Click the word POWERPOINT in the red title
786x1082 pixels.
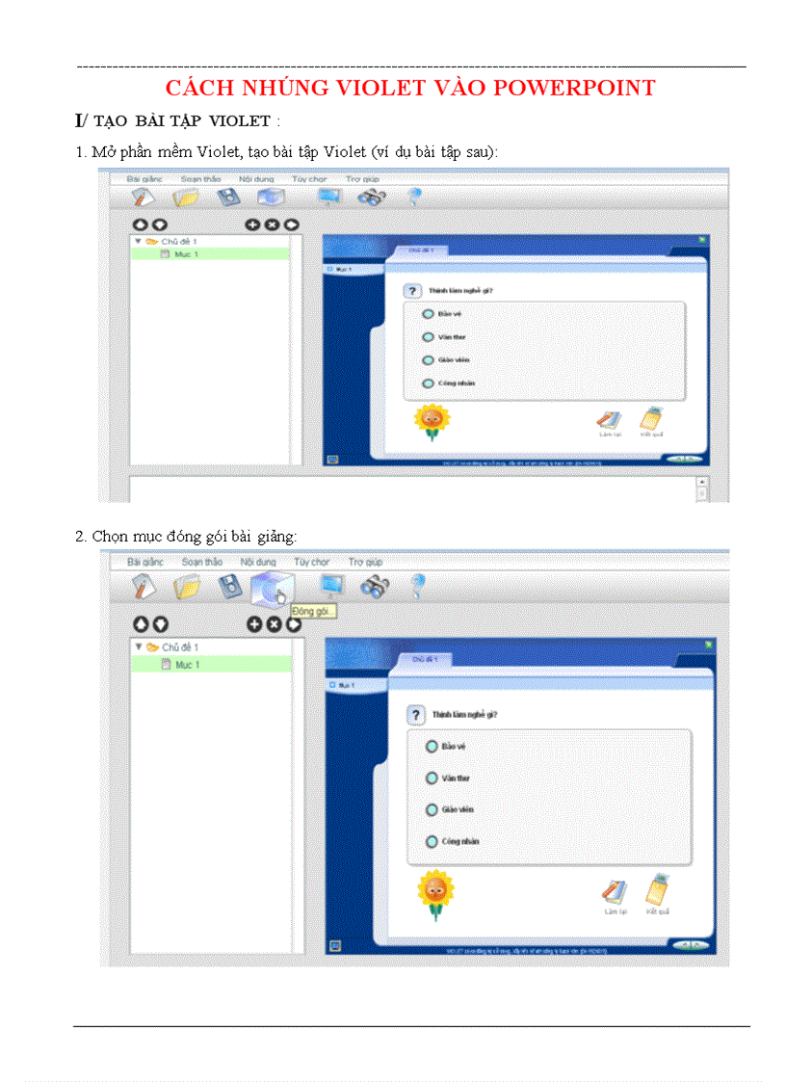[x=575, y=88]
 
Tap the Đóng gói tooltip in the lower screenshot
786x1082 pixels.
[x=313, y=612]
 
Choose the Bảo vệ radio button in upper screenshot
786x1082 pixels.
[x=429, y=314]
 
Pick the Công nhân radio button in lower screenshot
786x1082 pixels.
[x=432, y=841]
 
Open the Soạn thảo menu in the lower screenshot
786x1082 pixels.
[x=201, y=562]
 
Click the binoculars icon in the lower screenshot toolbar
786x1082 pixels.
[x=374, y=586]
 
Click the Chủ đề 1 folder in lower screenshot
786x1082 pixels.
[x=179, y=647]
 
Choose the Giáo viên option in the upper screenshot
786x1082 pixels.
[x=429, y=360]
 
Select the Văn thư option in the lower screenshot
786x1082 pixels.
[x=432, y=778]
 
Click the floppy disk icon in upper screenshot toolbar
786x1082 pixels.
[x=227, y=198]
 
